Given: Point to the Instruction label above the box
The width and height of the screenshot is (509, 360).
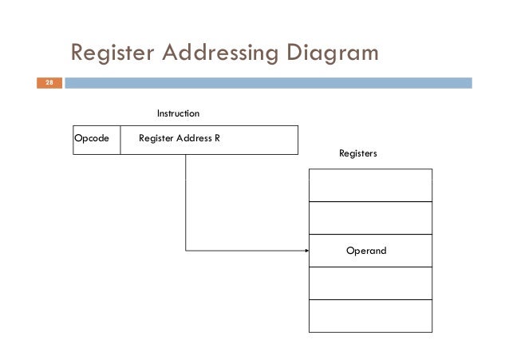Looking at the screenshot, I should (x=177, y=115).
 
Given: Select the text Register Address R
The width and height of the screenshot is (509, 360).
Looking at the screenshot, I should (x=180, y=139).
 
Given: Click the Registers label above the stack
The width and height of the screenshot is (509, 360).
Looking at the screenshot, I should (x=357, y=152).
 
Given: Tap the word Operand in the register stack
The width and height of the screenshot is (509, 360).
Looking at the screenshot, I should (x=365, y=251).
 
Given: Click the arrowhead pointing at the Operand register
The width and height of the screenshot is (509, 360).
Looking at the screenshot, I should (x=306, y=251).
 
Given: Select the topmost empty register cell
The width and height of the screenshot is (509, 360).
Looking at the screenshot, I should (x=370, y=185).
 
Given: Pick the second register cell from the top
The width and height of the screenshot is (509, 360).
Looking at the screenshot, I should (x=370, y=218).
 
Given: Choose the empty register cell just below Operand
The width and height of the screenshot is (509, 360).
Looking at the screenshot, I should (x=370, y=283).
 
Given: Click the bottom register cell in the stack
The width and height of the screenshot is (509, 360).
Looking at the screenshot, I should (x=370, y=315).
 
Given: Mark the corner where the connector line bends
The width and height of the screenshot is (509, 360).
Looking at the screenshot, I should (x=186, y=251).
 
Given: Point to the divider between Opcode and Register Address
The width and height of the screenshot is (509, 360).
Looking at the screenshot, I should (x=120, y=139).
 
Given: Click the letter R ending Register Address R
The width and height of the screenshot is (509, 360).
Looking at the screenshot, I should (x=217, y=139).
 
